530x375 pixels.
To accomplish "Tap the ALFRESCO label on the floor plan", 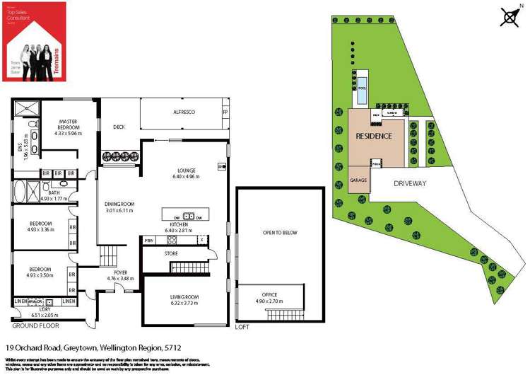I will click(184, 112).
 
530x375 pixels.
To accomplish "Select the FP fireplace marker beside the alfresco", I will click(225, 112).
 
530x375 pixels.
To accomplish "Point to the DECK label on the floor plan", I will click(119, 127).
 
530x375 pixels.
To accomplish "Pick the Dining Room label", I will click(119, 204).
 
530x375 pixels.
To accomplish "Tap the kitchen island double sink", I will click(189, 216).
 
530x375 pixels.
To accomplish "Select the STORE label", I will click(172, 253).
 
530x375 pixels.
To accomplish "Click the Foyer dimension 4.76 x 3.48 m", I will click(119, 278).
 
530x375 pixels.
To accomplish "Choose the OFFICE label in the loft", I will click(269, 294).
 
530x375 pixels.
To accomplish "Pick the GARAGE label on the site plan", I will click(359, 180).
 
